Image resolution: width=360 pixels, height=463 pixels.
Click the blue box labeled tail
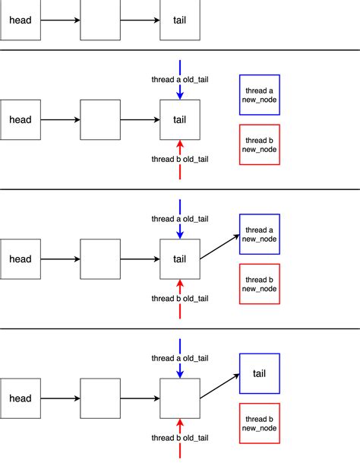(260, 373)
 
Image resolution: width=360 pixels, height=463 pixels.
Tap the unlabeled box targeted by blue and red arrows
(180, 398)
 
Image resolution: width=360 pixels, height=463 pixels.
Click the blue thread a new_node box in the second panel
(260, 94)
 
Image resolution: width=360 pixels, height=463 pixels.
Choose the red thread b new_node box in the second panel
(260, 144)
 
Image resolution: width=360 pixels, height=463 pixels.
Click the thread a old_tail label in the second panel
(179, 79)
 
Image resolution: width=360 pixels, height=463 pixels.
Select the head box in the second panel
(21, 119)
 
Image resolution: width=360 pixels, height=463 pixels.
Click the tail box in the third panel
(180, 258)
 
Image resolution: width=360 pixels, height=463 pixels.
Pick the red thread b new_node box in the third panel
(260, 284)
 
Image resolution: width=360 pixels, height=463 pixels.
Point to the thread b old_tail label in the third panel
(179, 299)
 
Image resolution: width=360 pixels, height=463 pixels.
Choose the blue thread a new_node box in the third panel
(260, 234)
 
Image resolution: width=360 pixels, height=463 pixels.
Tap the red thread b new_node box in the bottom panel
(260, 423)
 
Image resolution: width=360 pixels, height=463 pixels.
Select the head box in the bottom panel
(21, 398)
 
